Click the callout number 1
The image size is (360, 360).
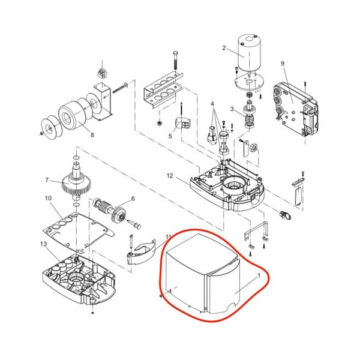point(259,276)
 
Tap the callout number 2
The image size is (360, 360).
point(224,48)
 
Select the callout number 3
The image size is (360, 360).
point(232,109)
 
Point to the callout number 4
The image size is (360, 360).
point(213,104)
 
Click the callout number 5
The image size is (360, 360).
point(170,136)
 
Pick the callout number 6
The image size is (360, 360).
point(133,199)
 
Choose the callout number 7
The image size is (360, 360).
point(47,180)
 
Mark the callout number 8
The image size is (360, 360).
point(92,135)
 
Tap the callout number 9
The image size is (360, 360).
point(283,64)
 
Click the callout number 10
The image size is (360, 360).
point(48,198)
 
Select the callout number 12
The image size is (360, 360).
point(170,176)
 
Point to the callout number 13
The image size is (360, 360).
point(43,244)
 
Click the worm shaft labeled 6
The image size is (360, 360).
point(109,208)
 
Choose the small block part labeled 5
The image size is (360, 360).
point(184,123)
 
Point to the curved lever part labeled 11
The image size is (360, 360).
point(141,253)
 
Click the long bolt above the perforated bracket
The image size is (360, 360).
point(175,59)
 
